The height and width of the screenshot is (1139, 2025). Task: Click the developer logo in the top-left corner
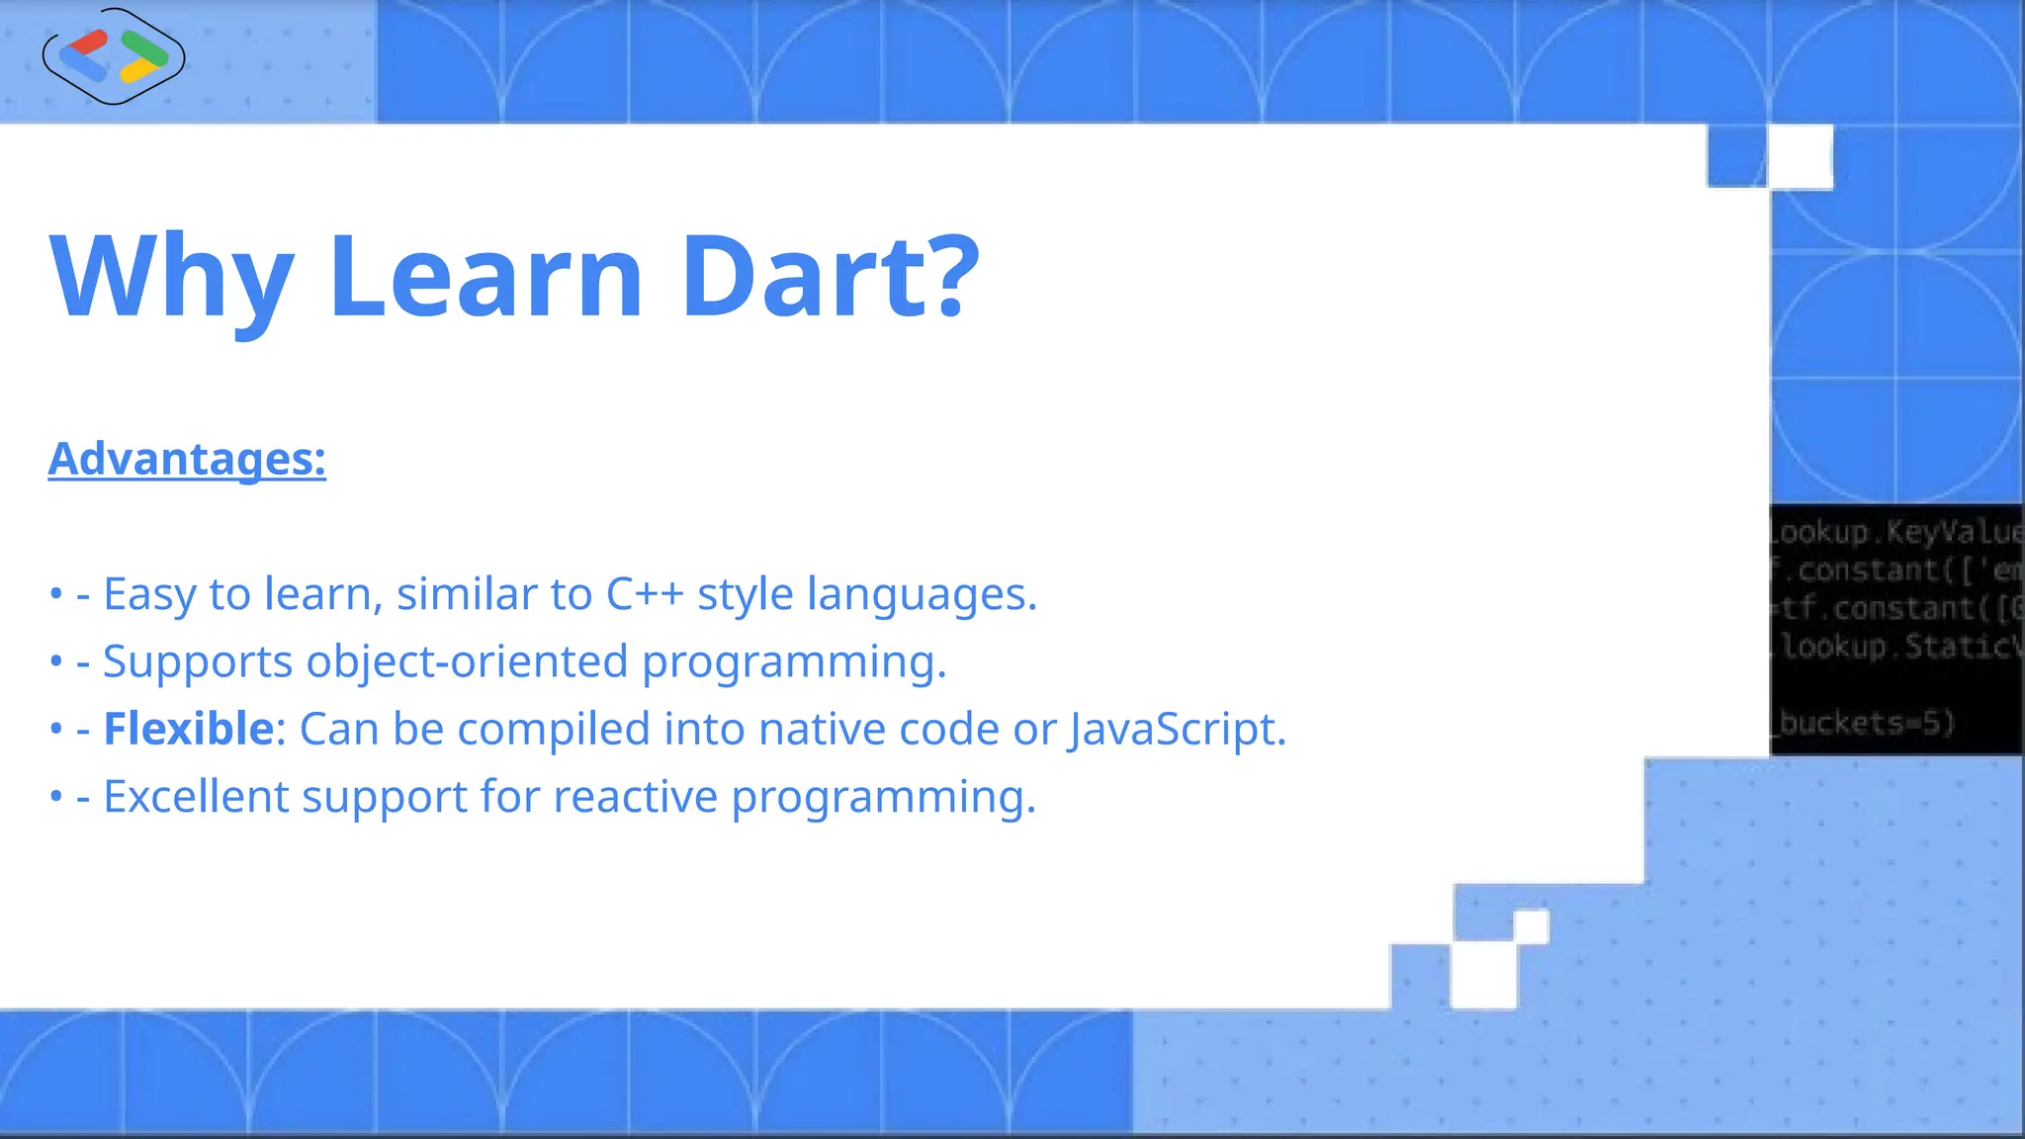coord(114,56)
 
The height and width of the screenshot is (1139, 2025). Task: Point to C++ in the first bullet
coord(644,594)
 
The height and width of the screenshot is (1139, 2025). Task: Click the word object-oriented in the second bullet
coord(467,661)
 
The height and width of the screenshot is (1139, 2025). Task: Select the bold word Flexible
coord(188,729)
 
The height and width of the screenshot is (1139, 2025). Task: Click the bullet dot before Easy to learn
coord(55,595)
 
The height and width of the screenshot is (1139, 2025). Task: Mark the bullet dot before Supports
coord(55,662)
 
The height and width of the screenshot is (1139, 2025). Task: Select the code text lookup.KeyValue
coord(1894,532)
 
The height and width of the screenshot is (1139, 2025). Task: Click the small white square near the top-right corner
coord(1800,156)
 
